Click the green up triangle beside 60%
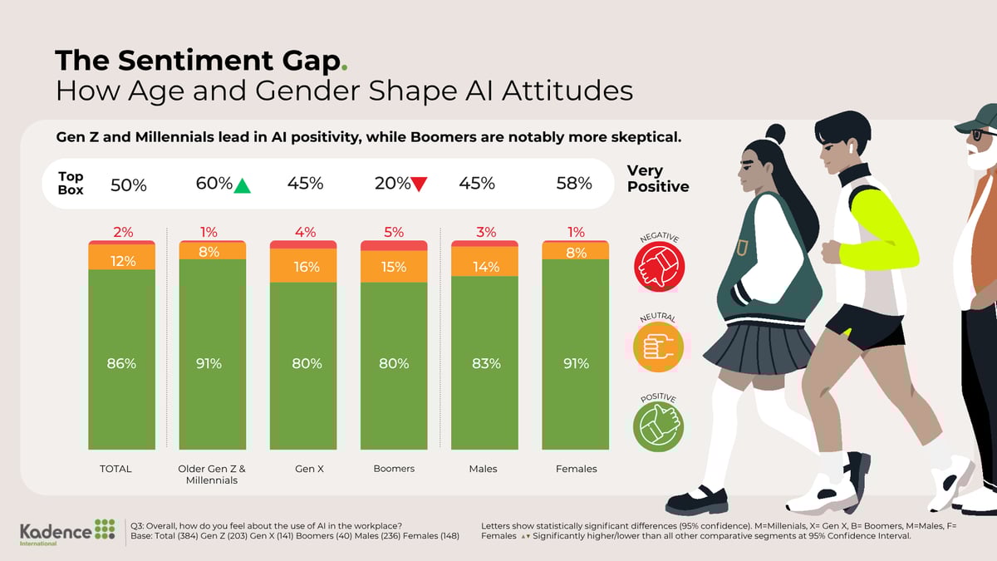click(x=242, y=185)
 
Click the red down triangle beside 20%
click(x=420, y=185)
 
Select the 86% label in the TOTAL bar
click(x=122, y=363)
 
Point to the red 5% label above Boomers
click(x=394, y=233)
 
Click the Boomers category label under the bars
click(x=394, y=469)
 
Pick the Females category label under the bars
click(x=576, y=469)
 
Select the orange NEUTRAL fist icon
click(x=659, y=346)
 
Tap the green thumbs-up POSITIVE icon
click(x=659, y=425)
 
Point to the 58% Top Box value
click(x=574, y=184)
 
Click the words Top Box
click(x=71, y=183)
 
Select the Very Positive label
click(x=658, y=178)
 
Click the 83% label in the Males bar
click(x=485, y=363)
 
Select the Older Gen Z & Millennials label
click(x=212, y=474)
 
